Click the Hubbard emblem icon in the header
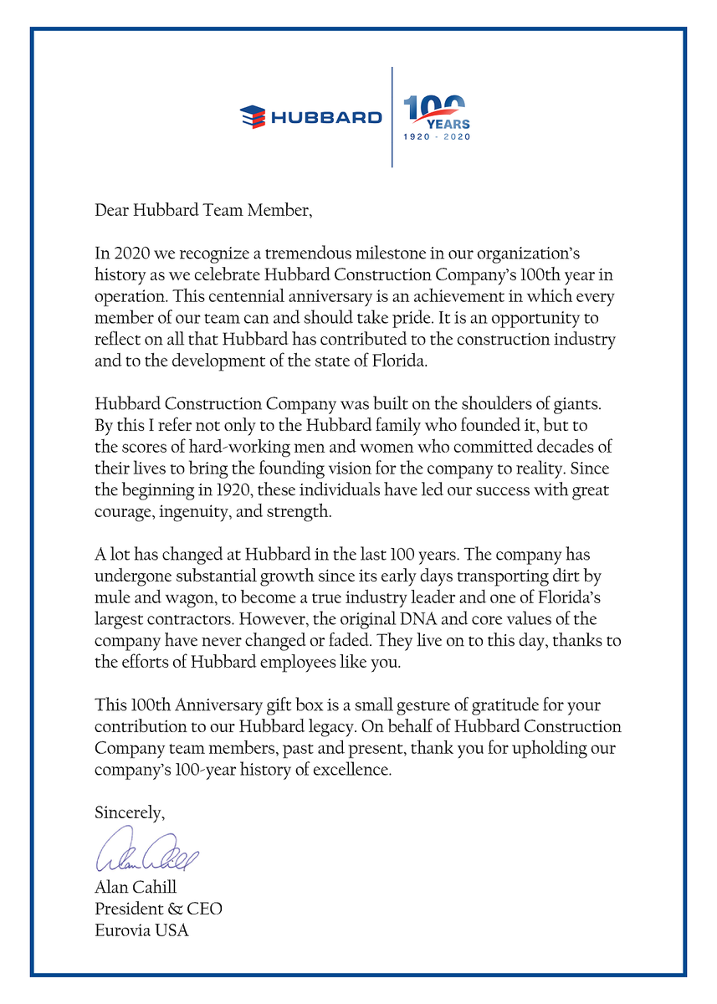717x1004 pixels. point(252,117)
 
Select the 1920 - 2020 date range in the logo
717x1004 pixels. point(437,136)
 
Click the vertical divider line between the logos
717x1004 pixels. point(392,117)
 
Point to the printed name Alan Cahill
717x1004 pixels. point(136,888)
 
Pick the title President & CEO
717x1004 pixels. point(158,909)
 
